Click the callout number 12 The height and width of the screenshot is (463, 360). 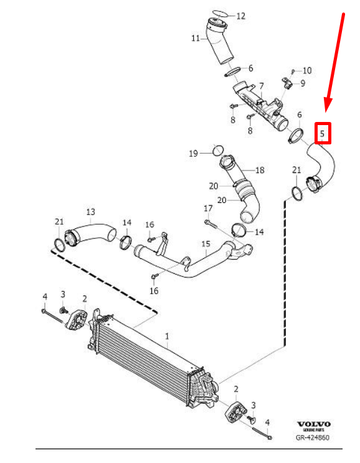pos(240,16)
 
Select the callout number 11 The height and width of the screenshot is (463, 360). pos(195,38)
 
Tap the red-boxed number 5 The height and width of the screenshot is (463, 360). pos(322,133)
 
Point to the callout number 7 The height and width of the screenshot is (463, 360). pos(262,86)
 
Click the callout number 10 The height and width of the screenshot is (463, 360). pos(307,70)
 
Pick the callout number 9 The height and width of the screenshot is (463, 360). pos(302,83)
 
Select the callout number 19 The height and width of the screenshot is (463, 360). pos(193,153)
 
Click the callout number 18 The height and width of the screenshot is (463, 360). pos(260,169)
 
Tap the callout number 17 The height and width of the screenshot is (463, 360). pos(209,208)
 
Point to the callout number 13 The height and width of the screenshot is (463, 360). pos(90,211)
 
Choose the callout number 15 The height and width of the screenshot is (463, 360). pos(206,244)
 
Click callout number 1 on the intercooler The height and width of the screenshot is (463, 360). pos(167,336)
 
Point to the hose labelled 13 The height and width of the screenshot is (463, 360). pos(93,235)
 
